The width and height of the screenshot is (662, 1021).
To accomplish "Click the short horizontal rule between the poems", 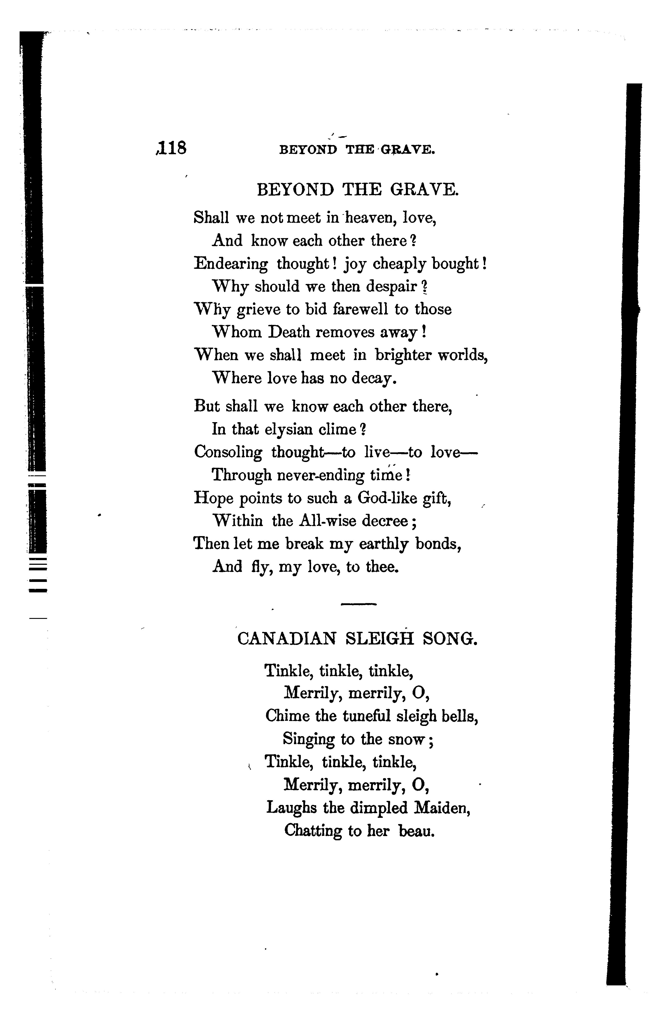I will click(358, 604).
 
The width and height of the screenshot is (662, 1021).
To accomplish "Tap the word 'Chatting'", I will click(313, 831).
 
